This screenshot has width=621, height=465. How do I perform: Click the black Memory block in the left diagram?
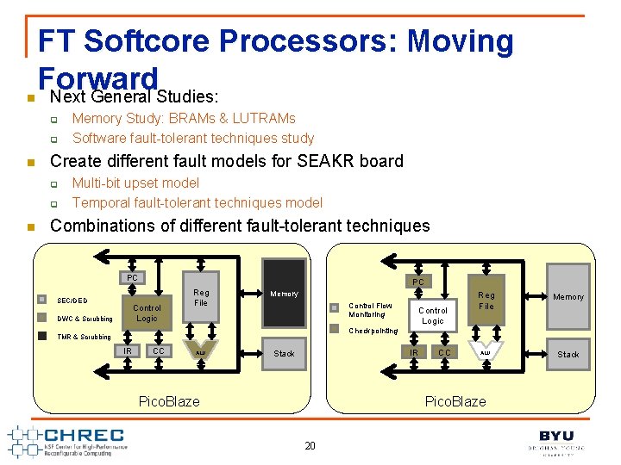(x=284, y=294)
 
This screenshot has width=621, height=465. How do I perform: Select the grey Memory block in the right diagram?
(x=568, y=296)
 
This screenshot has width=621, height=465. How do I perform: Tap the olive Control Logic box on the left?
(x=147, y=313)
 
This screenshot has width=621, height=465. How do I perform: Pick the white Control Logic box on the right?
(x=432, y=315)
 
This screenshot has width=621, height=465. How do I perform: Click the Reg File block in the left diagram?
(x=200, y=297)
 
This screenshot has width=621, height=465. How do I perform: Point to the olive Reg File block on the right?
(x=486, y=300)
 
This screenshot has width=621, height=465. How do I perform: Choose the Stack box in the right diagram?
(x=568, y=354)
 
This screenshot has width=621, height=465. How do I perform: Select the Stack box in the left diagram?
(x=284, y=353)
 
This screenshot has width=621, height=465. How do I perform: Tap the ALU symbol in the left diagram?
(x=200, y=352)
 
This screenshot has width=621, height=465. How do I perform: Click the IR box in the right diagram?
(x=414, y=352)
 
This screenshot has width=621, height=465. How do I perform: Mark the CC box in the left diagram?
(x=158, y=350)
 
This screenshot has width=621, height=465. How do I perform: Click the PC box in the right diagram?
(x=417, y=282)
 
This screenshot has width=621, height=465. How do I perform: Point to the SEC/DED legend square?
(x=41, y=300)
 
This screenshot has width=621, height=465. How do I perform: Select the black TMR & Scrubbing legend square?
(x=41, y=336)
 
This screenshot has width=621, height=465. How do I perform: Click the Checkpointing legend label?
(x=373, y=331)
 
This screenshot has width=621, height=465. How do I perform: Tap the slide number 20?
(x=310, y=445)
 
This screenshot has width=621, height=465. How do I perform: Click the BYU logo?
(x=556, y=440)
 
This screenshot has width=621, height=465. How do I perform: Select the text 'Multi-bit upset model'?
(x=135, y=183)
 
